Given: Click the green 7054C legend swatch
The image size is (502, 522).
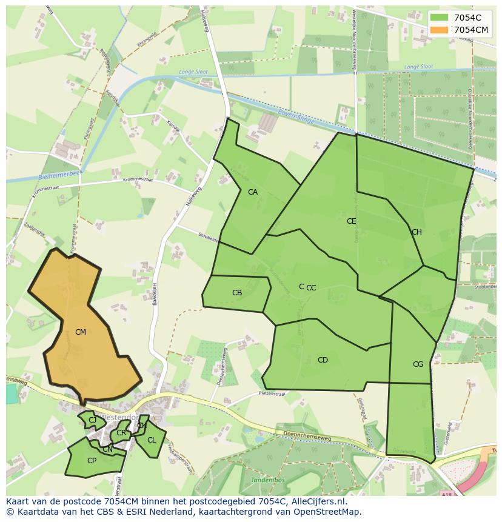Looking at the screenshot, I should (440, 18).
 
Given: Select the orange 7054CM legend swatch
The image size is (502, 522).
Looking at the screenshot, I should (440, 30).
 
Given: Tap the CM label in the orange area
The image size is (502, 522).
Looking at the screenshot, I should (81, 332).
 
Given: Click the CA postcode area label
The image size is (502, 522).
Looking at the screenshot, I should (253, 192).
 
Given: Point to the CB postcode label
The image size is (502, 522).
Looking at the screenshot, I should (237, 293).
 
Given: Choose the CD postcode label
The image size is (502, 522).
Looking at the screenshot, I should (323, 360).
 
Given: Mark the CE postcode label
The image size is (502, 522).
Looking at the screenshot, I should (352, 221).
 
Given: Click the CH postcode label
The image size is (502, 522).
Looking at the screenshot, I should (417, 232).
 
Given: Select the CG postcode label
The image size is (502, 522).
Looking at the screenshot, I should (418, 364).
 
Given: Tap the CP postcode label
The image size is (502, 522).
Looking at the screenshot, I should (92, 461).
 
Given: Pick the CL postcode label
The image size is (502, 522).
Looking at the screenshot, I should (152, 440).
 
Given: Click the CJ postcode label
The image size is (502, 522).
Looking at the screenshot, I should (93, 420).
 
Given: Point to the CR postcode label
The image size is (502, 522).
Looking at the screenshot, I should (121, 433).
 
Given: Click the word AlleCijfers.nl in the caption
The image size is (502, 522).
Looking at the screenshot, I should (316, 502).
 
